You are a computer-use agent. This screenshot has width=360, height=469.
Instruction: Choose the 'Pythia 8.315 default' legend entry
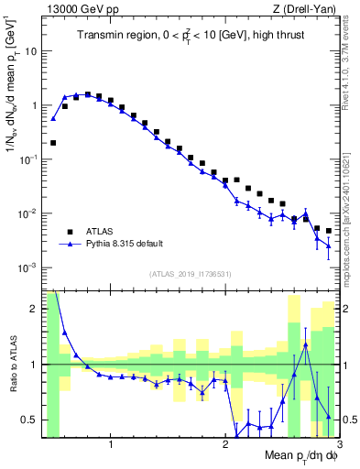click(x=125, y=245)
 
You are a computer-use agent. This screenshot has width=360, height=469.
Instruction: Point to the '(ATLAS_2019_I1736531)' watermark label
click(x=190, y=272)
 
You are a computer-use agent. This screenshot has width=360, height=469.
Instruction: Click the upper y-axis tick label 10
click(x=30, y=51)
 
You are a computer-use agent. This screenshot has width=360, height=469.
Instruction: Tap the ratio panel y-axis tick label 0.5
click(x=30, y=420)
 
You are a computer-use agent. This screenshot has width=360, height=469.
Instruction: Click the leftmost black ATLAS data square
click(x=53, y=143)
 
